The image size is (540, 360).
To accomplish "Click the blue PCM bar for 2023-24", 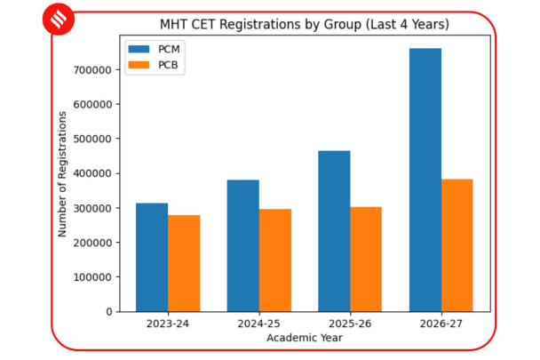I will (x=152, y=257).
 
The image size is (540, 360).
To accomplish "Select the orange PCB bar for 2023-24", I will (x=184, y=263).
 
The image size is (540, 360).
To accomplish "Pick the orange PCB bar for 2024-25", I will (x=275, y=260).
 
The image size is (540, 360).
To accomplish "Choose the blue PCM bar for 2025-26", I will (x=334, y=231).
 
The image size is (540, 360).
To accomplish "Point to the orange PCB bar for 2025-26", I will (x=366, y=259).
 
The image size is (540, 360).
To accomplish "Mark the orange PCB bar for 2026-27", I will (x=457, y=245).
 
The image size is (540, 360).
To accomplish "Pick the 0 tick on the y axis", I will (x=107, y=312).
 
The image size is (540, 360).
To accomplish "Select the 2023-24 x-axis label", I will (x=168, y=324).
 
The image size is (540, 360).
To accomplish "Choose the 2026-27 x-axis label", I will (x=441, y=324).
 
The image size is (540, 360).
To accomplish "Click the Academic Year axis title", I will (x=305, y=338).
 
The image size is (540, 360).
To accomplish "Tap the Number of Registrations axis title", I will (x=63, y=173).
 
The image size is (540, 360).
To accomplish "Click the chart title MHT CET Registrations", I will (x=305, y=24).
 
